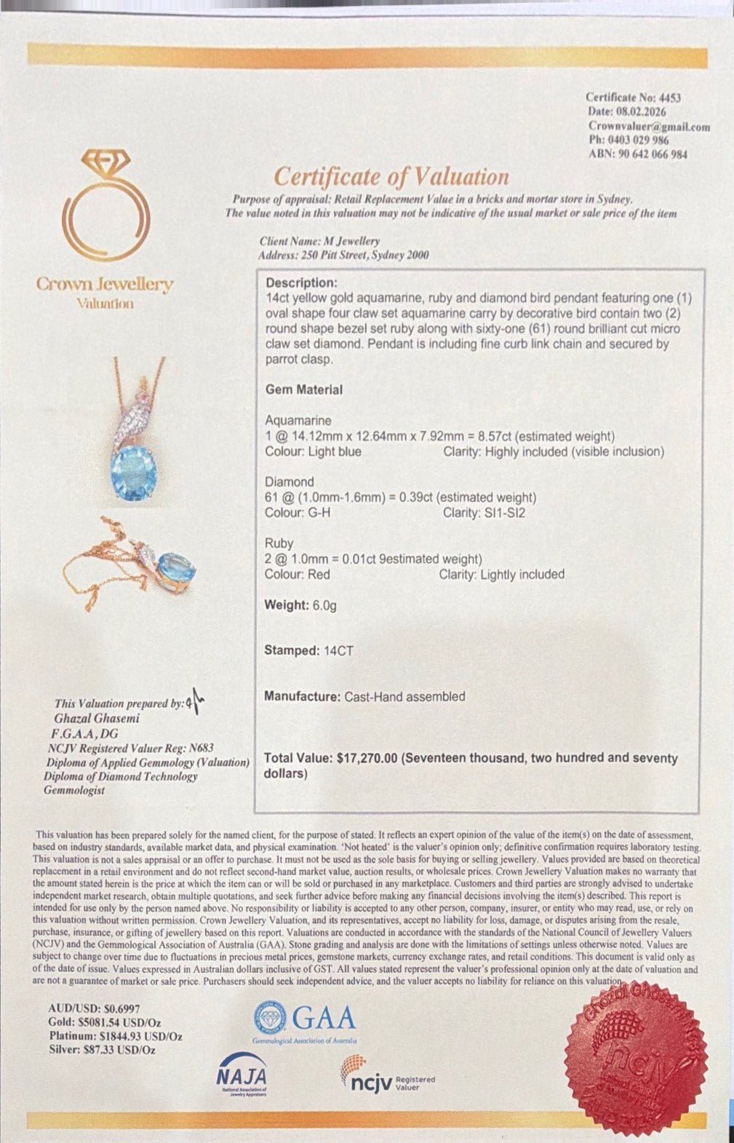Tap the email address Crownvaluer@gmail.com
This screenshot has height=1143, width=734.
649,126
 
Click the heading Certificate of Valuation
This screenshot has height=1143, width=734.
391,176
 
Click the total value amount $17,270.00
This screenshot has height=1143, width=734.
367,758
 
